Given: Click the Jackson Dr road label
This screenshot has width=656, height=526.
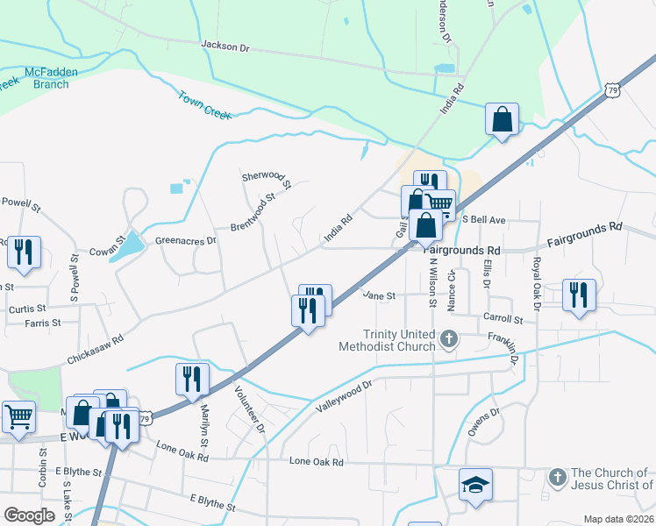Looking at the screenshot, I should tap(225, 45).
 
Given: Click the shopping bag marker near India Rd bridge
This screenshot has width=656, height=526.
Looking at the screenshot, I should tap(502, 120).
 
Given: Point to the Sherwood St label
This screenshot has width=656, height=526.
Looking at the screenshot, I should tap(266, 180).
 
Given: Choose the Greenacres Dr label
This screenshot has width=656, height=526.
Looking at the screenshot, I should tap(185, 240).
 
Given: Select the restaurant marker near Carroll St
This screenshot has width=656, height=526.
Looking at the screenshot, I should tap(579, 295).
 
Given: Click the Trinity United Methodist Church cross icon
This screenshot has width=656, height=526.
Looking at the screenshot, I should tap(449, 338).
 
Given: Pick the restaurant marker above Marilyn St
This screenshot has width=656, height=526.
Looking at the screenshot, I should tap(192, 380).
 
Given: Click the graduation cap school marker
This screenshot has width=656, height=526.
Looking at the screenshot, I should tap(475, 485).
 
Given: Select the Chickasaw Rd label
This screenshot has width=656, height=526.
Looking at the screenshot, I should tap(95, 350).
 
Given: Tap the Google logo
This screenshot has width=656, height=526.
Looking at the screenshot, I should tap(29, 515).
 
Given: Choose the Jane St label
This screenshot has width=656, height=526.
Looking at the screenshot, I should tap(380, 296).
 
